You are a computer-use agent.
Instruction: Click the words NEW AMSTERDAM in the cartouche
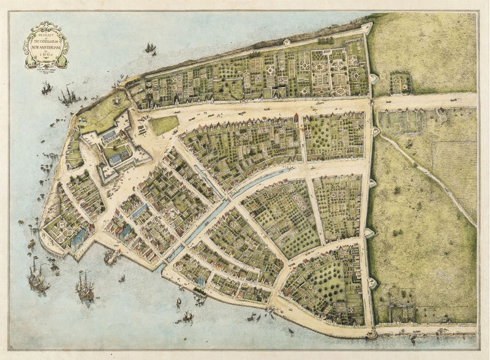pos(47,44)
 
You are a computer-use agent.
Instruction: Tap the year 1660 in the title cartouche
pos(47,54)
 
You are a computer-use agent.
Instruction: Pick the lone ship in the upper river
pos(149,48)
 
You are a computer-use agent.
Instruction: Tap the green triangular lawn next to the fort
pos(163,125)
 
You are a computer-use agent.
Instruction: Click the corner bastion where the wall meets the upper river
pos(366,28)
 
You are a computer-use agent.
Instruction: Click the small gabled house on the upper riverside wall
pos(287,42)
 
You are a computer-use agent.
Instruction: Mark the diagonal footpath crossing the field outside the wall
pos(429,178)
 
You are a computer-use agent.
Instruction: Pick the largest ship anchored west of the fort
pos(67,95)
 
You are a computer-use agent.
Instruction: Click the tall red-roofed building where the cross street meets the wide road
pos(296,118)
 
